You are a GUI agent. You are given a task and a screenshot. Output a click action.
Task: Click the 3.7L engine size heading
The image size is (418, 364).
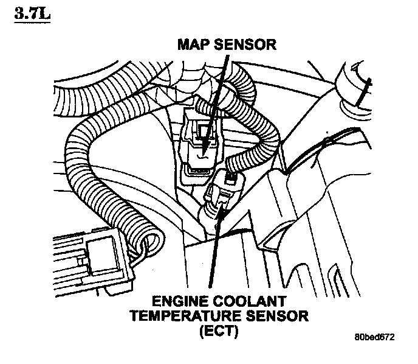click(x=29, y=14)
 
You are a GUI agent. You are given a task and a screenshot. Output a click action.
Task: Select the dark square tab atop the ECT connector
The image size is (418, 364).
click(x=231, y=178)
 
